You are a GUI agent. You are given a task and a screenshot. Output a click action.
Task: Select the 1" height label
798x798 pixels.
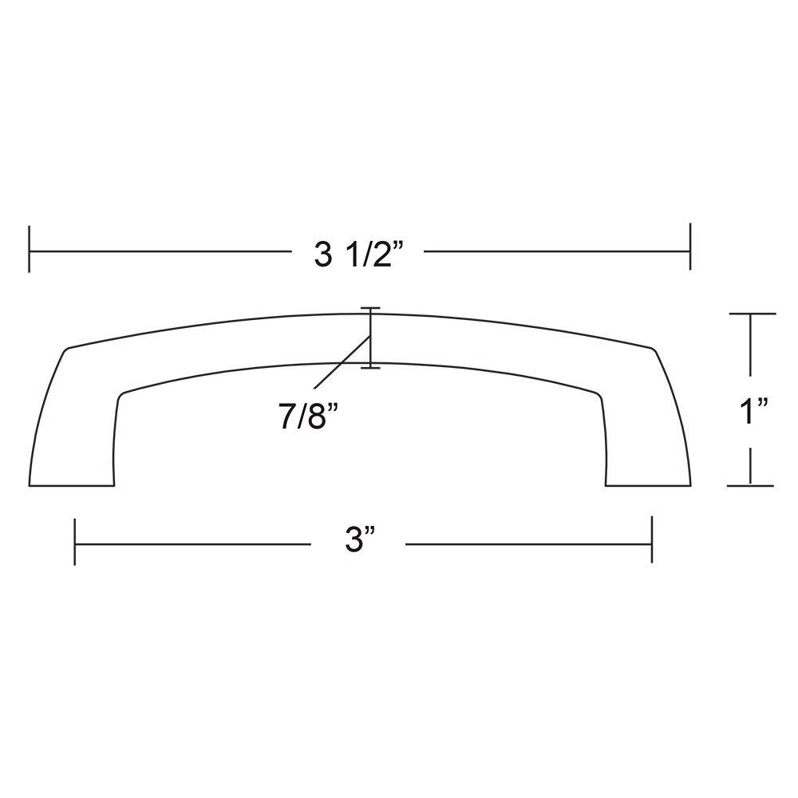click(x=751, y=415)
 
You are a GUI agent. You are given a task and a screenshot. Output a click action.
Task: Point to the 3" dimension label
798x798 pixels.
click(x=360, y=543)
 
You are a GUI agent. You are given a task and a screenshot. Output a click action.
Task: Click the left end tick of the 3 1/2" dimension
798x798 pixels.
click(x=30, y=250)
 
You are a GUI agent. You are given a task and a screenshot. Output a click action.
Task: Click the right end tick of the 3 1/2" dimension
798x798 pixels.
click(x=689, y=250)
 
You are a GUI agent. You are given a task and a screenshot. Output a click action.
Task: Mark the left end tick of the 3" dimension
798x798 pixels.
click(x=74, y=542)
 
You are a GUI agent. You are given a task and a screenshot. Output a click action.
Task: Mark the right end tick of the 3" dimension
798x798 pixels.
click(x=653, y=542)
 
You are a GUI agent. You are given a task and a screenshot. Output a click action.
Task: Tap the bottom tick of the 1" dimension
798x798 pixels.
click(x=751, y=485)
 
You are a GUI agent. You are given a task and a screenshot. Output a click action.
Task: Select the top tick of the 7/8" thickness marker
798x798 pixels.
click(x=370, y=308)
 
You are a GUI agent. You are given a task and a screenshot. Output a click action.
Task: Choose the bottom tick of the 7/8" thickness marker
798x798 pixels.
click(x=370, y=368)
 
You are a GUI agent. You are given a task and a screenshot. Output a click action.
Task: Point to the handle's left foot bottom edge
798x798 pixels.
click(x=72, y=485)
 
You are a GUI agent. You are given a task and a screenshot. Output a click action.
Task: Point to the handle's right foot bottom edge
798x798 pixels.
click(x=647, y=485)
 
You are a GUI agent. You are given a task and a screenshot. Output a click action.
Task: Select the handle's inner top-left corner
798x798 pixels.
click(x=121, y=394)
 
